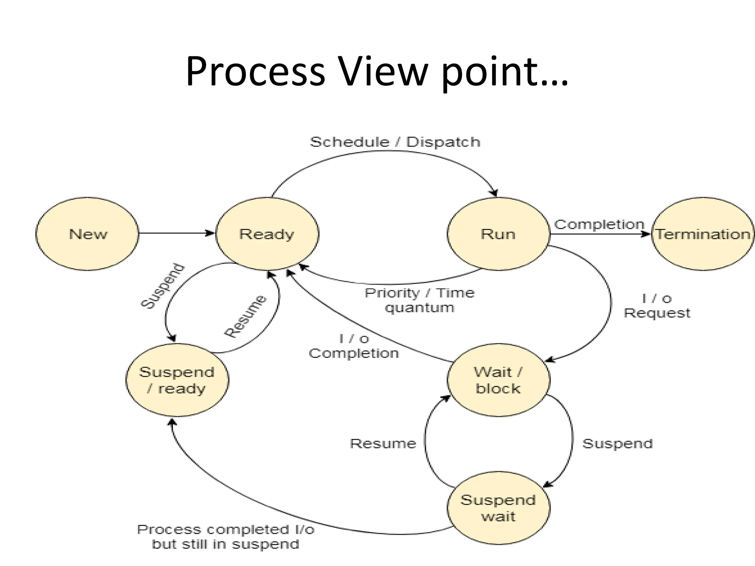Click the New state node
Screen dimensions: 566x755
(x=87, y=234)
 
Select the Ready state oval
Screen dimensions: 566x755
(x=267, y=234)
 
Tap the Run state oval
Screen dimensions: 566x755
(x=498, y=234)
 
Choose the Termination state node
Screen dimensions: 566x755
(x=703, y=234)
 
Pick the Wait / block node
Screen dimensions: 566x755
(x=498, y=380)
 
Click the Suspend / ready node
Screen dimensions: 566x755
(x=177, y=380)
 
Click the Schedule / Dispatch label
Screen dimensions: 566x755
(x=395, y=142)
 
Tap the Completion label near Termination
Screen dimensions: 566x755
(x=599, y=224)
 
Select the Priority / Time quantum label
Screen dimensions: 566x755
(x=420, y=300)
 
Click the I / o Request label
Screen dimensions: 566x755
(x=657, y=305)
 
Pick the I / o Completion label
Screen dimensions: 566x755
(x=354, y=346)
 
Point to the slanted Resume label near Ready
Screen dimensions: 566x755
(x=245, y=316)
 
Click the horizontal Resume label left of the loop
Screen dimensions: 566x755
(x=383, y=443)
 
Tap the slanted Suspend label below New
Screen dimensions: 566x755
(x=163, y=286)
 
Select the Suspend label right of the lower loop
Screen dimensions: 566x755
(x=617, y=443)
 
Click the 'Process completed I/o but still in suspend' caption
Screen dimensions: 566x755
(x=226, y=537)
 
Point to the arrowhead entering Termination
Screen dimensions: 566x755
(x=647, y=234)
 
